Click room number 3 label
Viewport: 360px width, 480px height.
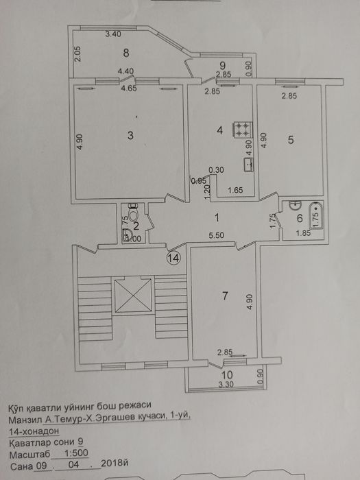pos(130,136)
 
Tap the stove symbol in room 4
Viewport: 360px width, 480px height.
pos(242,128)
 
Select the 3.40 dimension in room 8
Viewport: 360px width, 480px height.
pos(114,34)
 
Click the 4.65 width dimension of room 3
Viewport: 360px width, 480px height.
pos(128,88)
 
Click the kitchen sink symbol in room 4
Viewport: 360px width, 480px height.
pos(248,165)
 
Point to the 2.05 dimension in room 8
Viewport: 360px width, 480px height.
pos(77,53)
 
